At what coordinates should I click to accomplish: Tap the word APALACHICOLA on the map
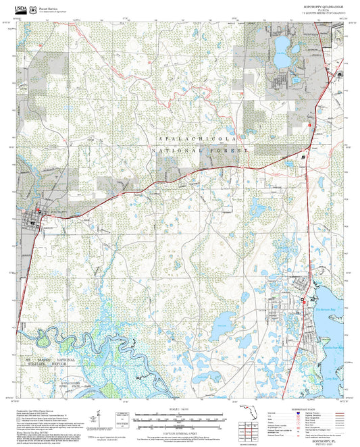click(x=196, y=137)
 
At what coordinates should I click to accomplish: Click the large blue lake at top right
click(x=281, y=51)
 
